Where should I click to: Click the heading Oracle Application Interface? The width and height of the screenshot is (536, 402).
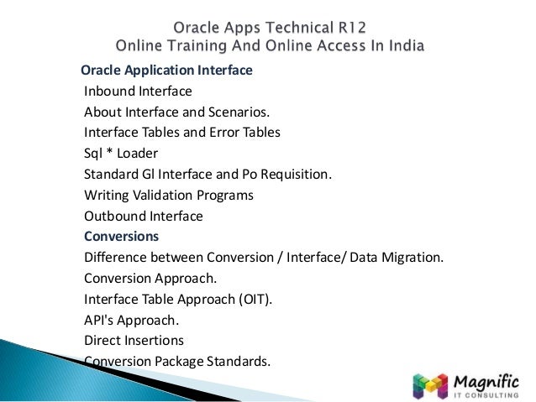pyautogui.click(x=166, y=70)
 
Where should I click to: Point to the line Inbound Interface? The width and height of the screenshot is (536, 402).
pyautogui.click(x=138, y=91)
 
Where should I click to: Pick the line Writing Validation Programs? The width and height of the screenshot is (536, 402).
pyautogui.click(x=168, y=196)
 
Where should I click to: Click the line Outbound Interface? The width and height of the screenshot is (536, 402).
pyautogui.click(x=143, y=217)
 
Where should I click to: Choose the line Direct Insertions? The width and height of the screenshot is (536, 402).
pyautogui.click(x=134, y=341)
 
